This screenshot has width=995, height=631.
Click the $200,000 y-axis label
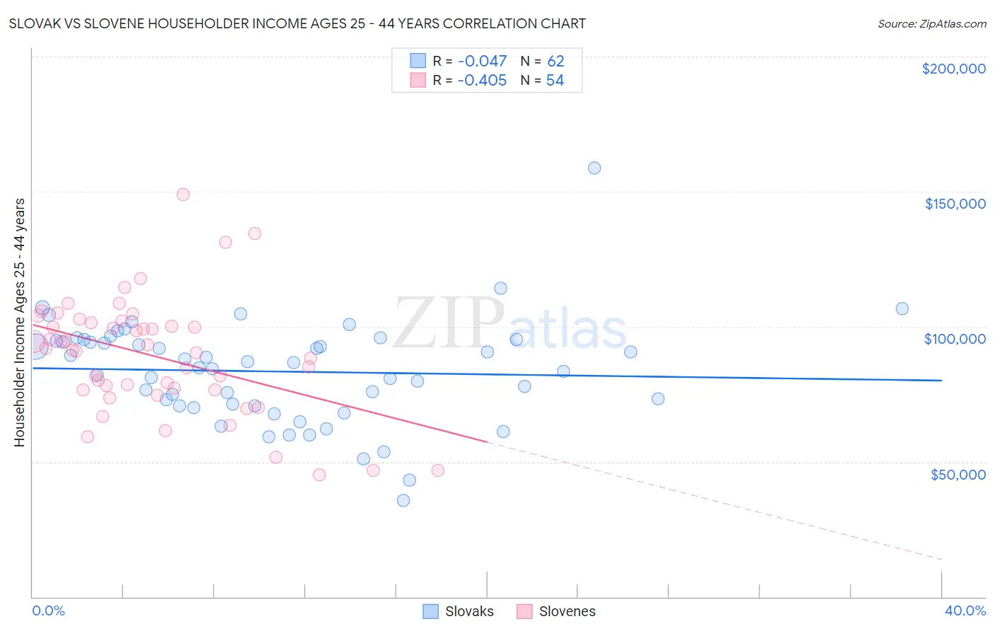(953, 69)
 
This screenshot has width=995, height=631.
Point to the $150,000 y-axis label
(955, 204)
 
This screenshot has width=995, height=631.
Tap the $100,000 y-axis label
(955, 339)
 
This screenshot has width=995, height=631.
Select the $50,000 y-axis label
(957, 474)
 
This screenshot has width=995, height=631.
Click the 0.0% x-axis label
(48, 610)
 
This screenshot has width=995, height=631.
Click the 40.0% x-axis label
(965, 610)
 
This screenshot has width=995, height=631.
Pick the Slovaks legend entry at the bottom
(458, 611)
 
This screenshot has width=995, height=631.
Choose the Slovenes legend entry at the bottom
(556, 611)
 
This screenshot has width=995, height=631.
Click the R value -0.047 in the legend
(481, 62)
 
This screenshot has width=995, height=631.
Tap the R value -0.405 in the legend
(481, 81)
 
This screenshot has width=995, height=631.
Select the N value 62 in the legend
(556, 62)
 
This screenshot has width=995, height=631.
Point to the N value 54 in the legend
(555, 81)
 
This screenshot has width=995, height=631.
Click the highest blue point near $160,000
(594, 168)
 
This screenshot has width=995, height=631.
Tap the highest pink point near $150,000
(183, 195)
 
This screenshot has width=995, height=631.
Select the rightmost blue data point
(902, 308)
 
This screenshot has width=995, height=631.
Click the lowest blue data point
(403, 500)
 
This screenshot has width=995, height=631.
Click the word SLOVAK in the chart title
(36, 23)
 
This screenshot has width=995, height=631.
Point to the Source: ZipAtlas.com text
(931, 24)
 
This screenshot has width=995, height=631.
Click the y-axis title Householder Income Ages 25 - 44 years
(19, 322)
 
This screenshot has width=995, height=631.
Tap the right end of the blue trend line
(941, 381)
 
